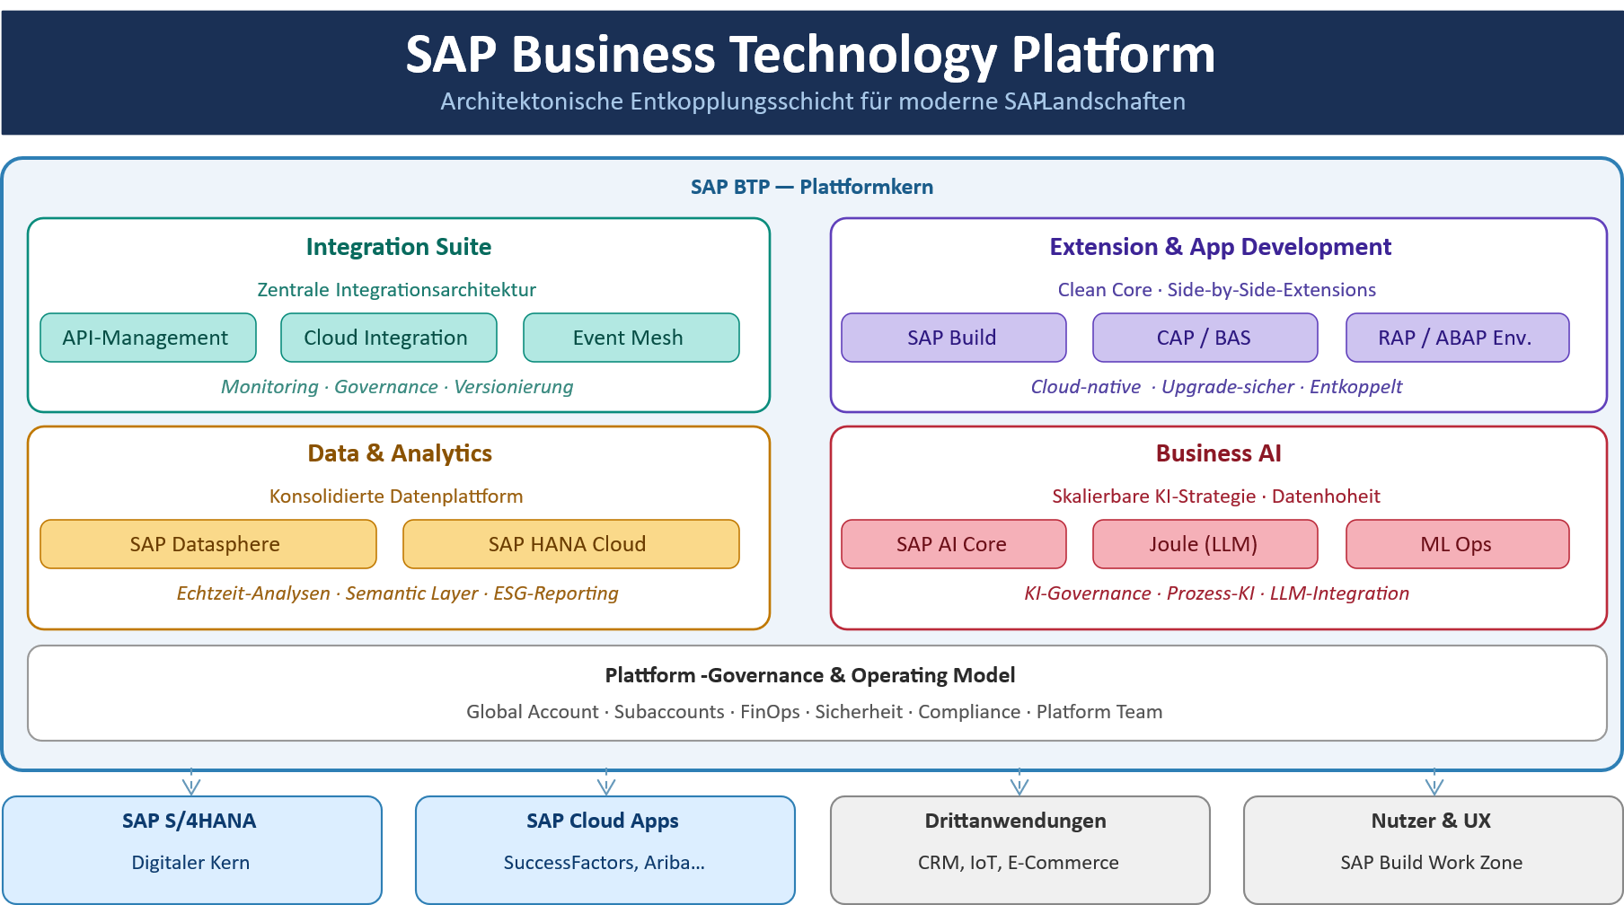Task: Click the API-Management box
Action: click(x=148, y=338)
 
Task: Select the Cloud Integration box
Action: click(x=388, y=338)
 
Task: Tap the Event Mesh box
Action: click(x=631, y=338)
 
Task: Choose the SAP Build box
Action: click(x=953, y=338)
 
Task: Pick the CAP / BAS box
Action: click(x=1205, y=338)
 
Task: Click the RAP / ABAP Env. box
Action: click(x=1457, y=338)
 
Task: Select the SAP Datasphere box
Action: click(x=207, y=544)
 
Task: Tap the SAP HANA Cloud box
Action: click(x=570, y=544)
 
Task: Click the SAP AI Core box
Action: click(x=953, y=544)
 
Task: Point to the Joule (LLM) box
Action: click(x=1205, y=544)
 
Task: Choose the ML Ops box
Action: click(x=1457, y=544)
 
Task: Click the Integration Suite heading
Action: click(x=399, y=247)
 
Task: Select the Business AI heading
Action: click(x=1218, y=453)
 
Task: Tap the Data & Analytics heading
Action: click(x=400, y=453)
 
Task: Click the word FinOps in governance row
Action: click(x=770, y=712)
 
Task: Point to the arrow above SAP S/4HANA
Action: click(x=190, y=783)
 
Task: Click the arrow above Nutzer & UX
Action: click(x=1434, y=783)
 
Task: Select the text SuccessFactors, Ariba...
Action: click(x=604, y=863)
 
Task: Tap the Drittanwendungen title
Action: click(x=1015, y=821)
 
